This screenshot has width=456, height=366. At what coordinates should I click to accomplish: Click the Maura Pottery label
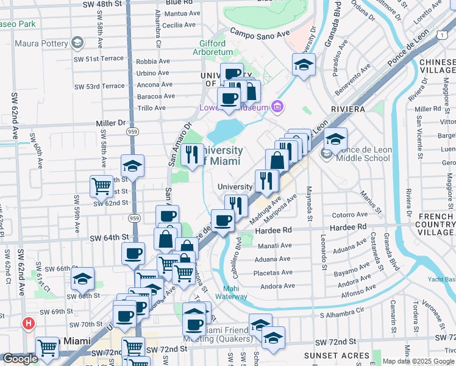pyautogui.click(x=40, y=43)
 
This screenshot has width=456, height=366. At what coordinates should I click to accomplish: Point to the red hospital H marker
pyautogui.click(x=28, y=323)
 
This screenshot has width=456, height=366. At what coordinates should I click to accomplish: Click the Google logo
pyautogui.click(x=20, y=359)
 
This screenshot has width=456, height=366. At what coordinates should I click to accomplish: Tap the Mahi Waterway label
pyautogui.click(x=235, y=293)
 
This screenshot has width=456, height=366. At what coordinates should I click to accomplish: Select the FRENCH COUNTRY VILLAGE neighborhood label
pyautogui.click(x=436, y=224)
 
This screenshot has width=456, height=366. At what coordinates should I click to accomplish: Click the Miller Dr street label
pyautogui.click(x=110, y=123)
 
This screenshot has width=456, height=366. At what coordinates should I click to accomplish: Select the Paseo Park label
pyautogui.click(x=19, y=24)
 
